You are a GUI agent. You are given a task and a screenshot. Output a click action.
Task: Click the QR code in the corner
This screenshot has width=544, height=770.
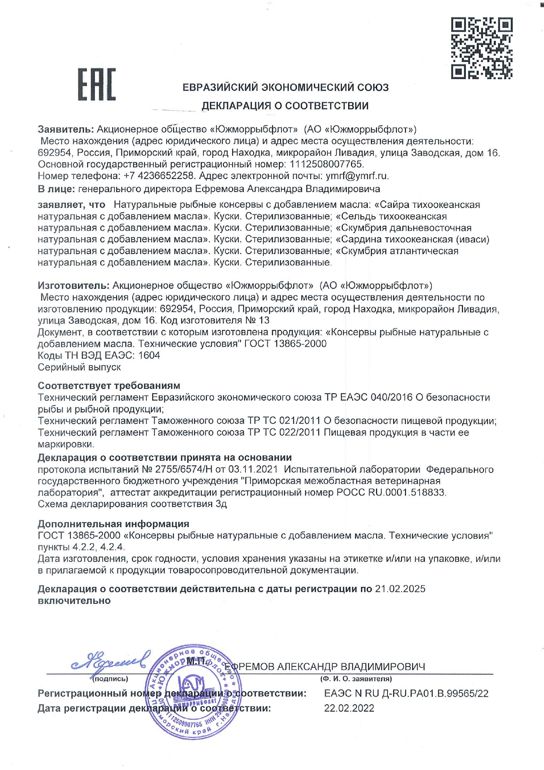[481, 48]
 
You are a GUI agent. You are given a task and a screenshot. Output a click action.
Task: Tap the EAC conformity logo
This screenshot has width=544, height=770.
[97, 84]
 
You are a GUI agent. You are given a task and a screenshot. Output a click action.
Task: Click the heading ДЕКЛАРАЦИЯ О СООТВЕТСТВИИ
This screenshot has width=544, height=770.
[285, 106]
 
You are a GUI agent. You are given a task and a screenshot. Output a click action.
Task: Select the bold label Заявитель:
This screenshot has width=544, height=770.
[66, 129]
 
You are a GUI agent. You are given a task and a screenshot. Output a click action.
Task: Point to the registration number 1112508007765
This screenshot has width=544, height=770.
[327, 165]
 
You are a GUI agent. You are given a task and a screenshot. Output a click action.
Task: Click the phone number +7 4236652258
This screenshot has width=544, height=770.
[159, 176]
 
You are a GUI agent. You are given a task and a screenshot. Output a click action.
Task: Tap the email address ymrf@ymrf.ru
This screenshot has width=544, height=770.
[357, 176]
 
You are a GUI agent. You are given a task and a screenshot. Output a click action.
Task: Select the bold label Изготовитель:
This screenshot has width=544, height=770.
[73, 286]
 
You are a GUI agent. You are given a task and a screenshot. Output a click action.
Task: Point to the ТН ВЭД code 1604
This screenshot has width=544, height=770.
[149, 355]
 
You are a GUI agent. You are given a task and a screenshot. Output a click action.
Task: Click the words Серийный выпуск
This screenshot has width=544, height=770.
[79, 367]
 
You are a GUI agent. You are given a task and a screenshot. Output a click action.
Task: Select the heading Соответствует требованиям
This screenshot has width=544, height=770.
[109, 386]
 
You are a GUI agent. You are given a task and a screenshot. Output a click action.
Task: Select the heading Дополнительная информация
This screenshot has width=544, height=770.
[113, 524]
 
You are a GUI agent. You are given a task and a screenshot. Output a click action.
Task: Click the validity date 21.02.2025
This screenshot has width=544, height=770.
[400, 589]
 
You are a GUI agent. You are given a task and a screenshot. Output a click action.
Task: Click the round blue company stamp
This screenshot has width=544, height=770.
[193, 692]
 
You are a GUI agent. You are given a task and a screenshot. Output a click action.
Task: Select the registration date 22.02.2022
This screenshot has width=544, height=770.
[349, 708]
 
